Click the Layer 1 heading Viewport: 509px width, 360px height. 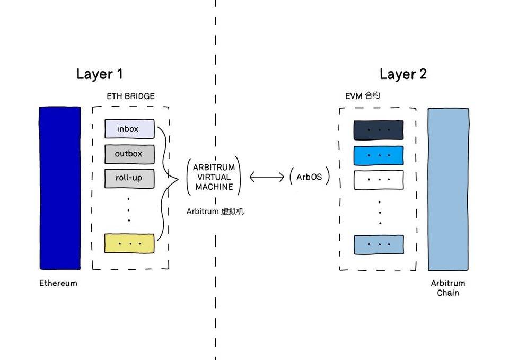pos(100,74)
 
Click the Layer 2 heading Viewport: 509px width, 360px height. pos(403,74)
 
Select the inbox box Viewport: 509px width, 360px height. pos(129,129)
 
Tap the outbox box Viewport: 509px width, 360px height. pos(129,154)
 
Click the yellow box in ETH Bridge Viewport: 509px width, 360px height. pos(129,243)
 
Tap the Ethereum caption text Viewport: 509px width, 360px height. pos(58,283)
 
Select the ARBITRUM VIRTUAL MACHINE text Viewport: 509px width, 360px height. pos(214,177)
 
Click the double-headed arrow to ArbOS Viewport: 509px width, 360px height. pos(267,177)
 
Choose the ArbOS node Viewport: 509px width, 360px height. pos(310,177)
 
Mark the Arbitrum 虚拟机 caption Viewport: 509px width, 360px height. pos(215,211)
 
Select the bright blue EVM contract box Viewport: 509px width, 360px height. pos(379,155)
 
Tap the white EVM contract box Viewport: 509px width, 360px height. pos(379,180)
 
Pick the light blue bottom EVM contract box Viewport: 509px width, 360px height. pos(379,244)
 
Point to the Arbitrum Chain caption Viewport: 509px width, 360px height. pos(448,288)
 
